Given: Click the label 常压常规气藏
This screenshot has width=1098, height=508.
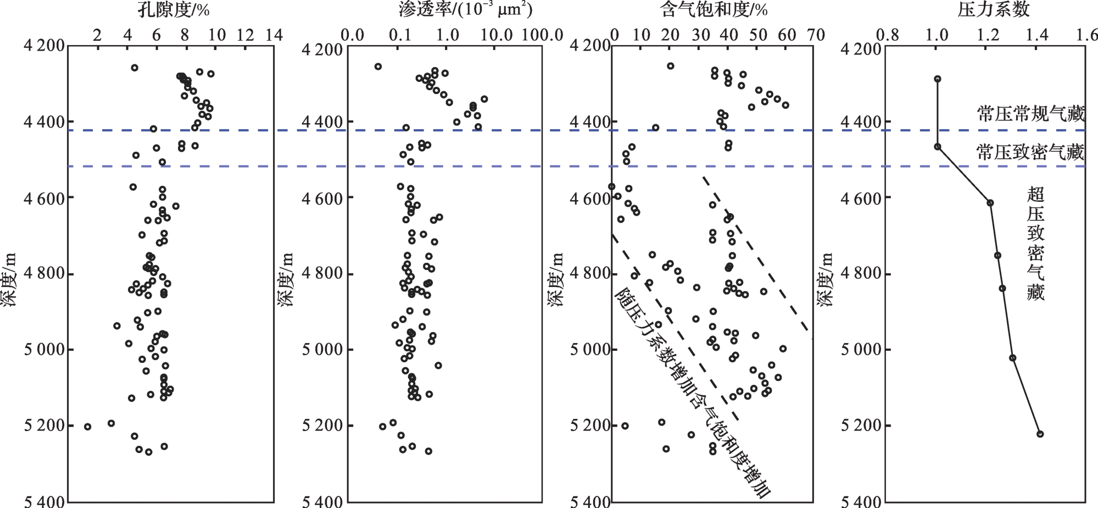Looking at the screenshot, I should (1030, 114).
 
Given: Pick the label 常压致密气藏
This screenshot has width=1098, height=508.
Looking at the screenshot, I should (1030, 152).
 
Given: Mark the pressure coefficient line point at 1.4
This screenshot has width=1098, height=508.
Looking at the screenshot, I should (1040, 434).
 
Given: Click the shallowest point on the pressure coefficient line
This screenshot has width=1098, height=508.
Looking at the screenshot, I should (938, 79).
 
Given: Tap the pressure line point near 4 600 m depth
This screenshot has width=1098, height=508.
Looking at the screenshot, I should (990, 203).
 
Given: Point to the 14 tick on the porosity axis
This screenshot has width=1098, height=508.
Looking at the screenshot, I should (274, 35).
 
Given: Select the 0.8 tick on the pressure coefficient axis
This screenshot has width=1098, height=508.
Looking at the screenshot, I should (890, 35).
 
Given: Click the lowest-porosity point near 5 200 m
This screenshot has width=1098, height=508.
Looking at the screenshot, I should (87, 426).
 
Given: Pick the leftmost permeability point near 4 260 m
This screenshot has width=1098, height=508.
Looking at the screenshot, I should (378, 67).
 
